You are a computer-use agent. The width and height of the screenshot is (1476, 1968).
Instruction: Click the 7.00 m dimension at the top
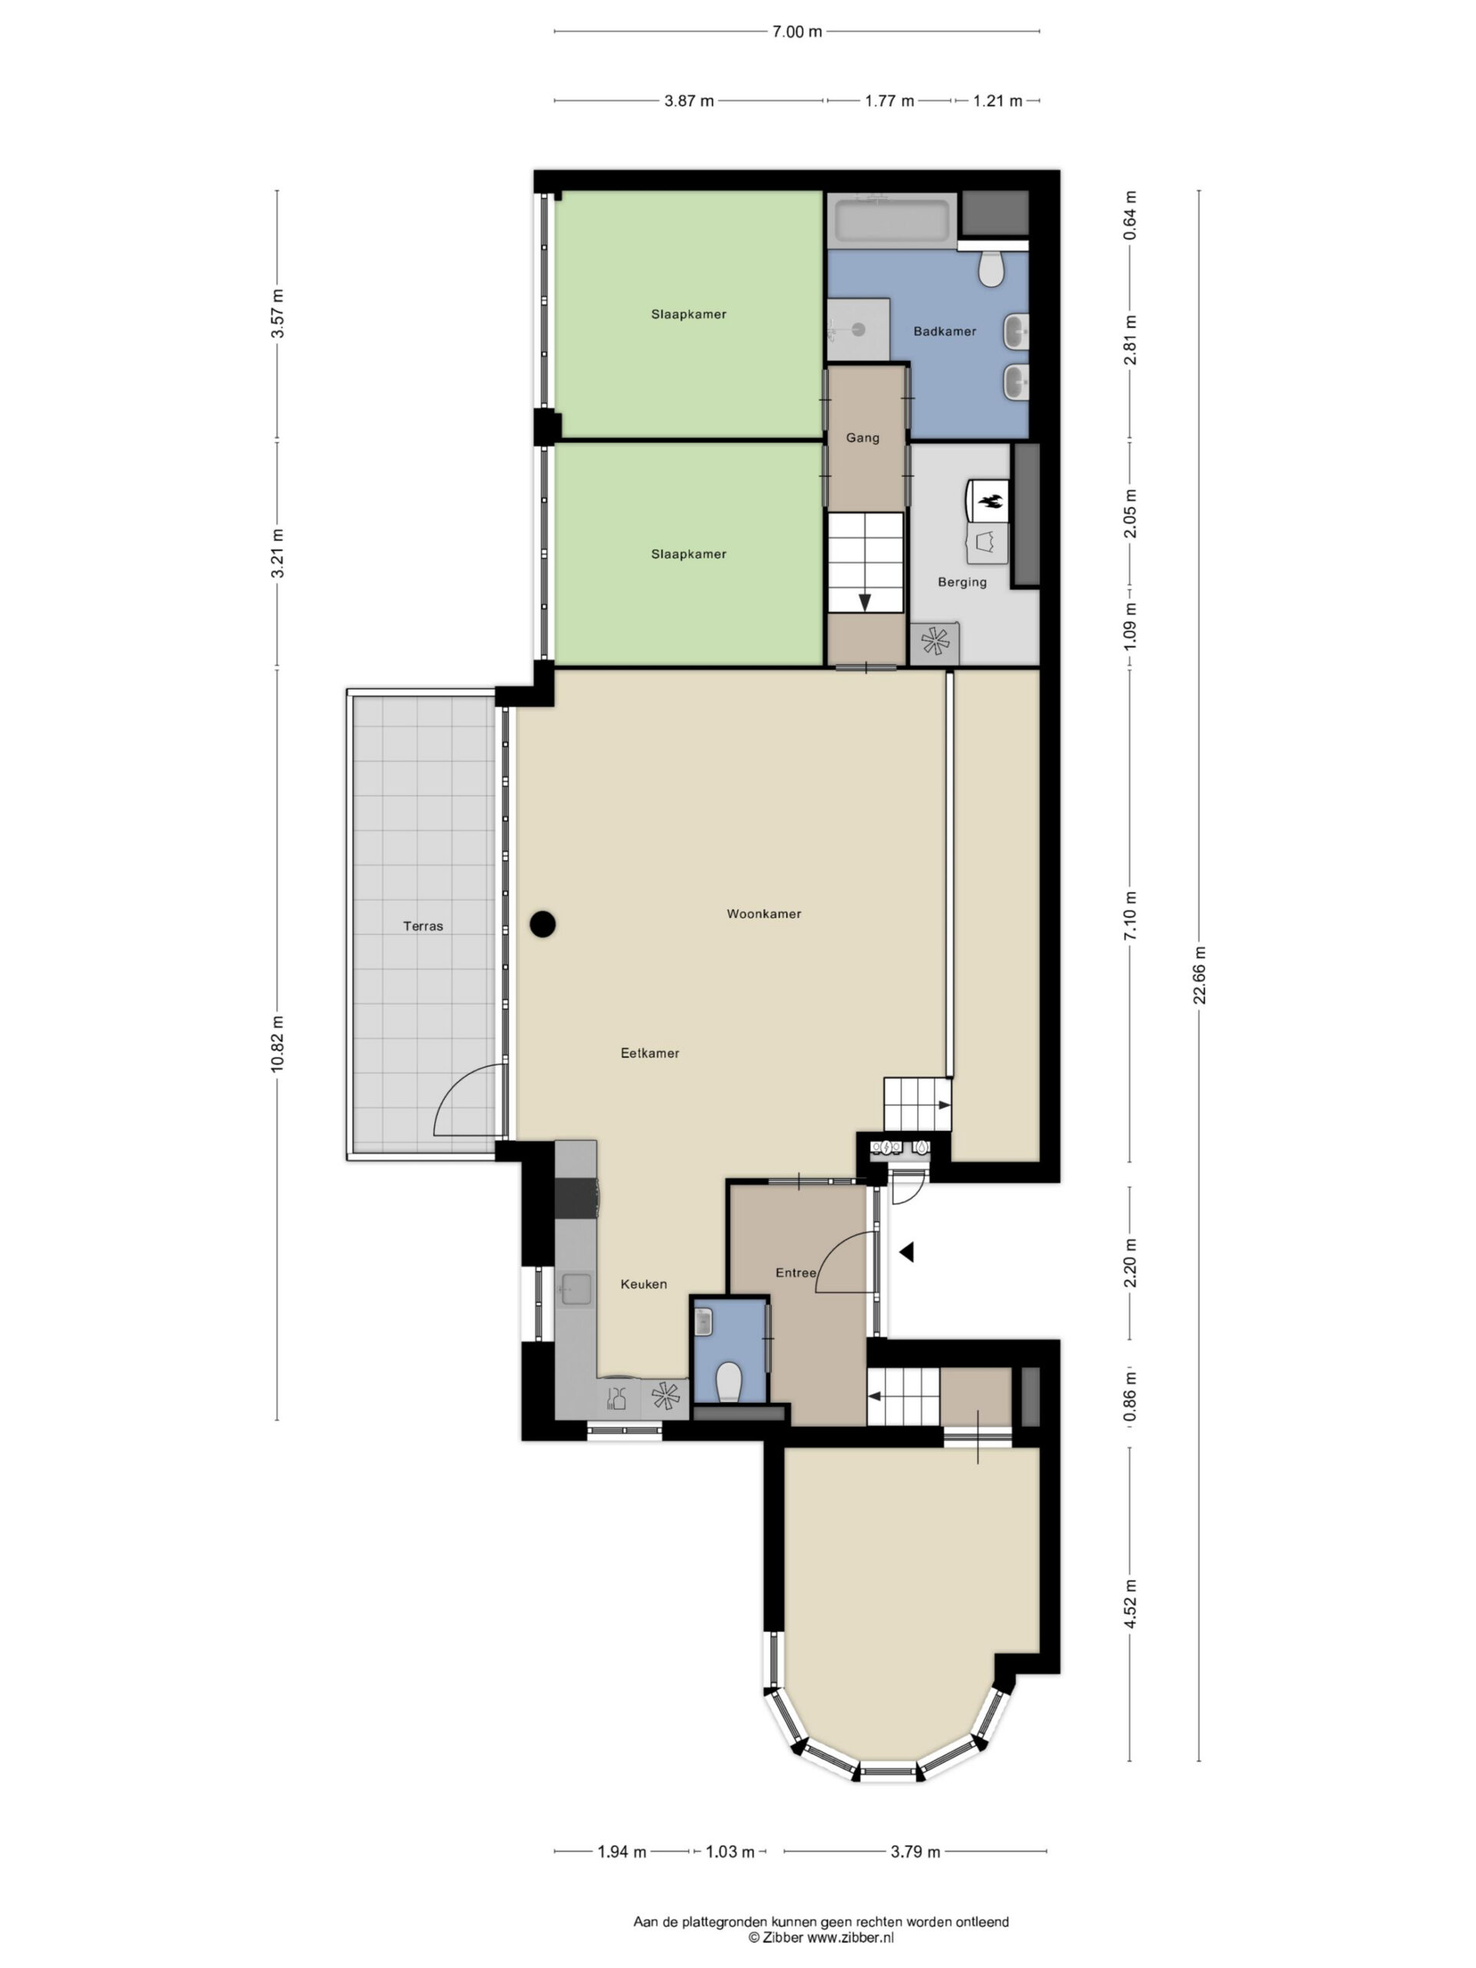pyautogui.click(x=796, y=32)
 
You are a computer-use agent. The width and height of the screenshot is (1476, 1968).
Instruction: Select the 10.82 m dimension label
pyautogui.click(x=278, y=1045)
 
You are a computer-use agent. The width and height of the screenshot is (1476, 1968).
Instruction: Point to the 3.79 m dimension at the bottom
pyautogui.click(x=915, y=1851)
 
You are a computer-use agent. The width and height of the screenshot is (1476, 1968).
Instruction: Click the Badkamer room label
pyautogui.click(x=945, y=331)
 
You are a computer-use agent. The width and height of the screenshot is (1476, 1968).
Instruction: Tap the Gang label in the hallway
pyautogui.click(x=862, y=437)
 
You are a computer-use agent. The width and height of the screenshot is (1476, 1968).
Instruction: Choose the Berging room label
pyautogui.click(x=962, y=582)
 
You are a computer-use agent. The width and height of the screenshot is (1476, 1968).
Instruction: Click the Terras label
pyautogui.click(x=423, y=926)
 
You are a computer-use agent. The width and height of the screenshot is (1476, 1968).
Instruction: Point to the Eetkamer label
pyautogui.click(x=650, y=1052)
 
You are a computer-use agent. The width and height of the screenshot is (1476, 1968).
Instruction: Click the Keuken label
pyautogui.click(x=643, y=1284)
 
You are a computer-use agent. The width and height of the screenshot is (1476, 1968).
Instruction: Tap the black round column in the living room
pyautogui.click(x=543, y=924)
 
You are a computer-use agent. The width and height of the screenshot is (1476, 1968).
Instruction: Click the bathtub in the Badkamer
pyautogui.click(x=893, y=221)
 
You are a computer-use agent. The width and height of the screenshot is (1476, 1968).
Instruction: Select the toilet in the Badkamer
pyautogui.click(x=990, y=268)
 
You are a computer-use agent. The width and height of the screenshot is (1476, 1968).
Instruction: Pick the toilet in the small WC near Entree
pyautogui.click(x=729, y=1381)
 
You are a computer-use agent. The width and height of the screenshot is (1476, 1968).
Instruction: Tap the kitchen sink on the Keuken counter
pyautogui.click(x=576, y=1289)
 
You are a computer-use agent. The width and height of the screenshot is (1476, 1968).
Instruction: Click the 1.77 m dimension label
pyautogui.click(x=889, y=101)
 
